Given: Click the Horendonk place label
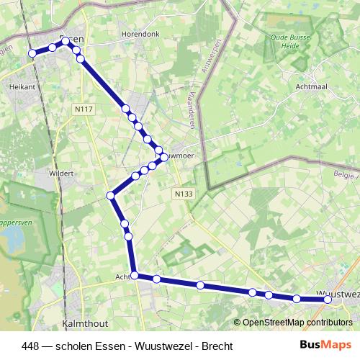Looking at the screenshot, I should point(144,34).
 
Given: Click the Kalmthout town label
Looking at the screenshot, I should point(86,324).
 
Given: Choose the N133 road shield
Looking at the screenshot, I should point(183,194).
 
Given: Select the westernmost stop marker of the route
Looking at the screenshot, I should point(32,53).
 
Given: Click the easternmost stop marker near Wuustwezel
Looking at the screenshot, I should point(328,300).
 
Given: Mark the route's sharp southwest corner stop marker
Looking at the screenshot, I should point(112,195).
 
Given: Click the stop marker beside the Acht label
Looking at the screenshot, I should point(135,275).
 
